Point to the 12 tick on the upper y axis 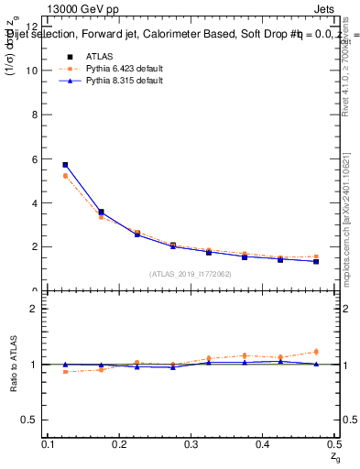coord(36,26)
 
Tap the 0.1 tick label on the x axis coord(49,444)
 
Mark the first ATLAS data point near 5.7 coord(65,165)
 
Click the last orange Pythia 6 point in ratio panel coord(316,352)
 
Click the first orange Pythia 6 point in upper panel coord(65,176)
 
